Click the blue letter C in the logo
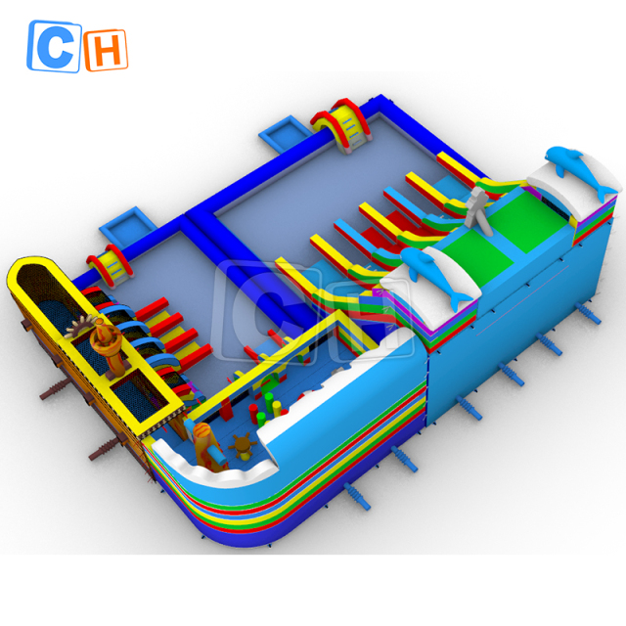(54, 47)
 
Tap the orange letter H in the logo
(106, 51)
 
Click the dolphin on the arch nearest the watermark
(435, 276)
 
